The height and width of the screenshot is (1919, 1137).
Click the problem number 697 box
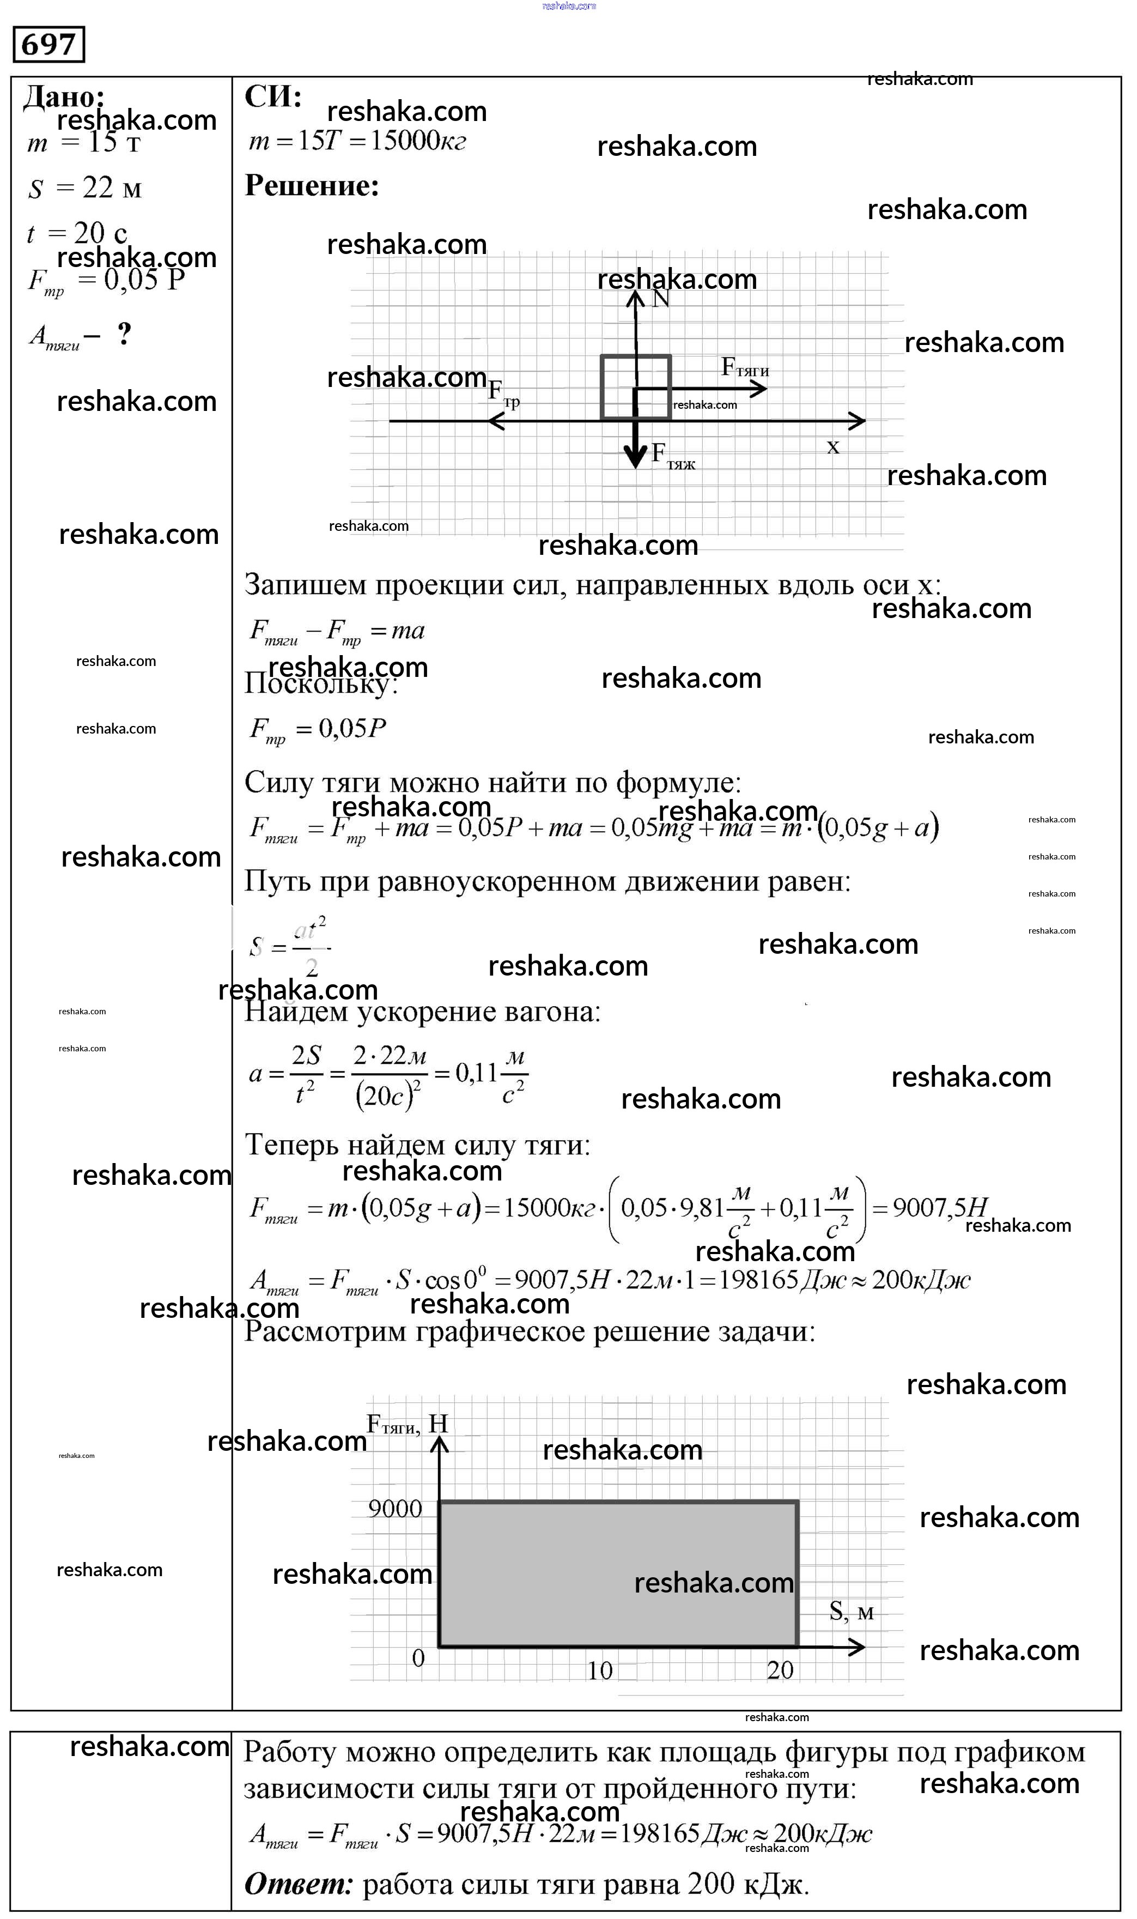(48, 45)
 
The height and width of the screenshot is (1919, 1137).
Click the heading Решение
(312, 185)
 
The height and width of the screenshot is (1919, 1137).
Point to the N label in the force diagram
(660, 299)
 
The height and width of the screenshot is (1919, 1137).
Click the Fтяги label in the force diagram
(745, 368)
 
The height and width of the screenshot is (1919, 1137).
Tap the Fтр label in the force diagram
(503, 394)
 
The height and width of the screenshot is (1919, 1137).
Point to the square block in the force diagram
(635, 387)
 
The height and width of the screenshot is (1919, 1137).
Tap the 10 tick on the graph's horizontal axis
(599, 1670)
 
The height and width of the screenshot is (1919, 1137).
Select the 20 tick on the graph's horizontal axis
(780, 1670)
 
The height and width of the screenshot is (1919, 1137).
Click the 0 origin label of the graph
(418, 1658)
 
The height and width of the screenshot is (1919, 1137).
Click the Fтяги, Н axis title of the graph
(407, 1424)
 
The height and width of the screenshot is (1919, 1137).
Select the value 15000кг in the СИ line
(417, 141)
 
